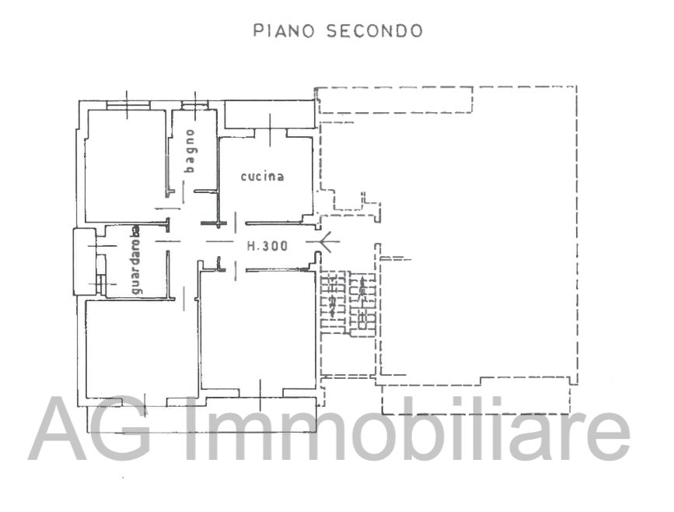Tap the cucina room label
tap(262, 177)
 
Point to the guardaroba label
tap(136, 260)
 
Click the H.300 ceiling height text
tap(267, 246)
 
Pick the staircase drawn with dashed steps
tap(347, 303)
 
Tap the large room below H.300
tap(257, 327)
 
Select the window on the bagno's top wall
tap(193, 104)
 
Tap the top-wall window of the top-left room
tap(127, 104)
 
